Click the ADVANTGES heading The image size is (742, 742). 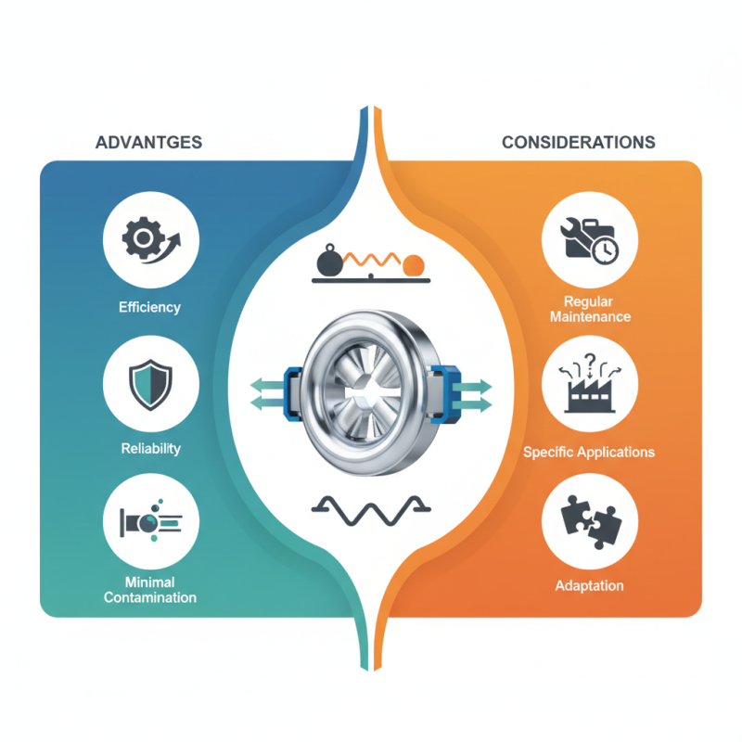(x=148, y=143)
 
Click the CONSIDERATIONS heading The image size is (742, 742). (x=578, y=143)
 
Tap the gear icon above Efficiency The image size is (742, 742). (x=151, y=240)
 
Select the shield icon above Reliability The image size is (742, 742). (x=150, y=384)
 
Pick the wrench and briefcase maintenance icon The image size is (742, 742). (x=590, y=241)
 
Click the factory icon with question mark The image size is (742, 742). (x=590, y=383)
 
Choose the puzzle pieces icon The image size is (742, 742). (x=591, y=522)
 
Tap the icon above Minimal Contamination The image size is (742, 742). (x=150, y=520)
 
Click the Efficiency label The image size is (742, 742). (x=149, y=308)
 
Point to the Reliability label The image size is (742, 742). (x=150, y=449)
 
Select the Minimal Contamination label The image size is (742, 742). (x=150, y=590)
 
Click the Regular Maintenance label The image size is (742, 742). (x=590, y=309)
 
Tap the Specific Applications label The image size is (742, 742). (x=589, y=452)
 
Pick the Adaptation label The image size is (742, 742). (x=589, y=586)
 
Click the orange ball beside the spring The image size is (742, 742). (x=414, y=265)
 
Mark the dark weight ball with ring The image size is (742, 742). (x=329, y=262)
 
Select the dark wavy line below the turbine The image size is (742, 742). (x=371, y=511)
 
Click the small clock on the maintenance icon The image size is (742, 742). (x=606, y=250)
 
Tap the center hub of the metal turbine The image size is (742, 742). (x=365, y=391)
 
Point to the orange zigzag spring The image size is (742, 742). (x=373, y=260)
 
